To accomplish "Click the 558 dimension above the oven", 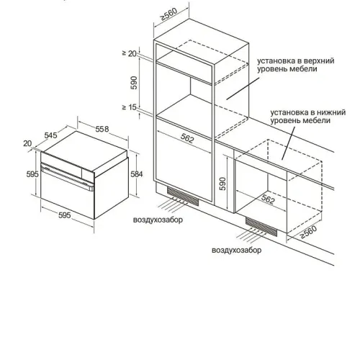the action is tap(102, 129).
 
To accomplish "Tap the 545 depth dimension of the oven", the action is tap(50, 135).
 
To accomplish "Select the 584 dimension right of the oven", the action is tap(137, 174).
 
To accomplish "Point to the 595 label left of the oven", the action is tap(32, 174).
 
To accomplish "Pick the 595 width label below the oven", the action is tap(65, 215).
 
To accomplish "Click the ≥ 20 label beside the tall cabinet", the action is tap(130, 53).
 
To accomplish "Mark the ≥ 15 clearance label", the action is tap(130, 107).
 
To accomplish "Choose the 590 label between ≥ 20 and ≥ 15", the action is tap(134, 83).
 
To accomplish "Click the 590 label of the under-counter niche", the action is tap(223, 184).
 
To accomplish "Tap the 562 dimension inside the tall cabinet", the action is tap(187, 138).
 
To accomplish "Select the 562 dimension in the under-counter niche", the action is tap(268, 199).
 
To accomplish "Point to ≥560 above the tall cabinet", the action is tap(168, 14).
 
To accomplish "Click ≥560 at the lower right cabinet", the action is tap(308, 232).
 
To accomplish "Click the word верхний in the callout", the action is tap(319, 60).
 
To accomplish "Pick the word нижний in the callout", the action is tap(331, 112).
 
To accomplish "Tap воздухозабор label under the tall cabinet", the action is tap(158, 220).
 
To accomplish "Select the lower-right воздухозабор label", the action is tap(237, 250).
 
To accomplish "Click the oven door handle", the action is tap(67, 176).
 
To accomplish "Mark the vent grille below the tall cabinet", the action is tap(183, 197).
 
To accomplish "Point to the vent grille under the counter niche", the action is tap(261, 226).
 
